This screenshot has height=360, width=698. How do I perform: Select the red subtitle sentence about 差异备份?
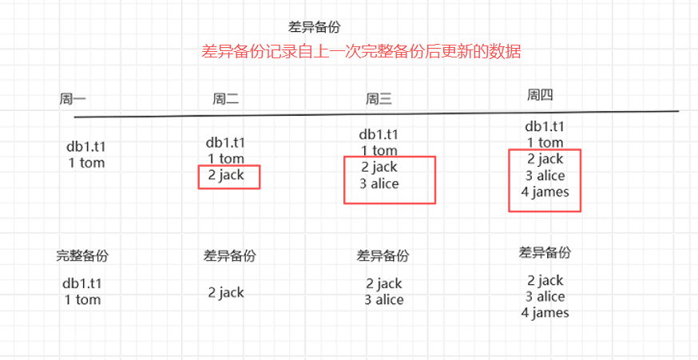coord(361,53)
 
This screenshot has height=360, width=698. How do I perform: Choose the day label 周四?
coord(541,95)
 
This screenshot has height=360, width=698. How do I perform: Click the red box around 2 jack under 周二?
coord(230,176)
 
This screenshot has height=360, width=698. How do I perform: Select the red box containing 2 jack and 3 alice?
coord(390,180)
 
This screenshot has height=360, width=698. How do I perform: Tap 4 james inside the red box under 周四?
coord(545,192)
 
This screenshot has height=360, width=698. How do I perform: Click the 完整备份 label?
coord(82,256)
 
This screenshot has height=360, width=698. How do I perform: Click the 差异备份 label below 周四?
coord(545,253)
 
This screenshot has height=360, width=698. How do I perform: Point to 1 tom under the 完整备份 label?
coord(83,299)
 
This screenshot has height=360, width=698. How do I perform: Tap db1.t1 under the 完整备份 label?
coord(82,283)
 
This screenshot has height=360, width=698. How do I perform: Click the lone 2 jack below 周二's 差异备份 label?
coord(226,292)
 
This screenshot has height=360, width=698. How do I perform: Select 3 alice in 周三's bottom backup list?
coord(384,300)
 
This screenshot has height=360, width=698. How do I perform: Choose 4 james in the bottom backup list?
coord(545,313)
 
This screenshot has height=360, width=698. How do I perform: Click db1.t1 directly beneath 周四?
coord(545,126)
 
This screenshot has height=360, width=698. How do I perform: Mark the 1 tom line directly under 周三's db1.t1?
coord(379,150)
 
